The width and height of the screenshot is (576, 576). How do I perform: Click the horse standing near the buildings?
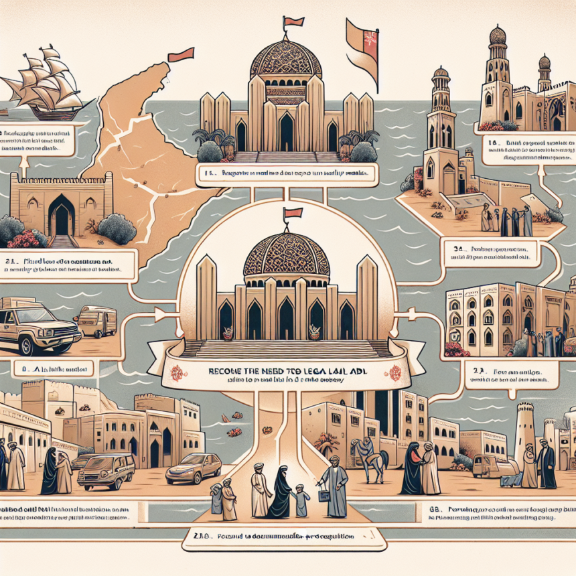372,459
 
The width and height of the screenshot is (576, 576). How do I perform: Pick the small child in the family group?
301,502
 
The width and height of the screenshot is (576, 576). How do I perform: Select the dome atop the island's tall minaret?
440,73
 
